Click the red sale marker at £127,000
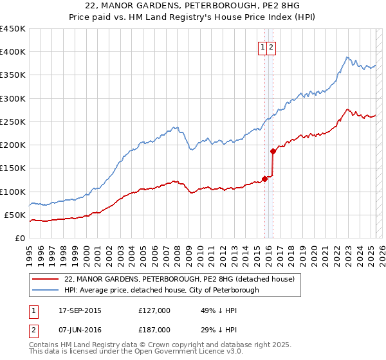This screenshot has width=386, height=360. point(264,179)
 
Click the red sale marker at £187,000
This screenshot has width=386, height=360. point(273,151)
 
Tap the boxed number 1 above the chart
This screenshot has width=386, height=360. point(263,46)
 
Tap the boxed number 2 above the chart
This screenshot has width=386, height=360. point(271,46)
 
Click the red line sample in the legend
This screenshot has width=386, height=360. point(45,279)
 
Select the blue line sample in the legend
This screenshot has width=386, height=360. point(45,290)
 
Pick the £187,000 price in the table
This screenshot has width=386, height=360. point(154,329)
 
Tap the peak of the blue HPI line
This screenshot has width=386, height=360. point(347,57)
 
